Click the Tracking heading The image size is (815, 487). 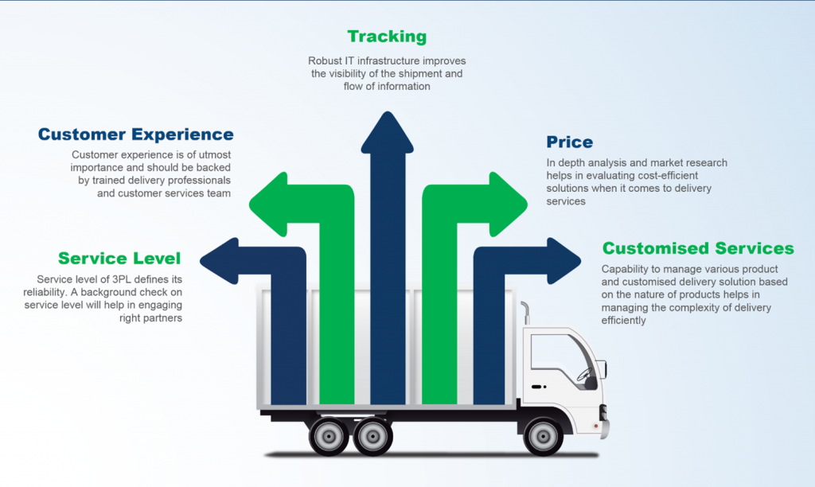(x=387, y=37)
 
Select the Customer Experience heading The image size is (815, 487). (x=136, y=134)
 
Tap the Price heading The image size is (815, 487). (x=569, y=142)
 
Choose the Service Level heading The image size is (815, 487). (x=119, y=259)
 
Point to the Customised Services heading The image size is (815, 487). (x=698, y=248)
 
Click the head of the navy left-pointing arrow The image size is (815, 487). (x=216, y=259)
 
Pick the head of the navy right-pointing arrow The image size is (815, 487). (x=565, y=259)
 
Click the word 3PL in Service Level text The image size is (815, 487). (x=114, y=279)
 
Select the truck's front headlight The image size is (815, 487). (x=602, y=412)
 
